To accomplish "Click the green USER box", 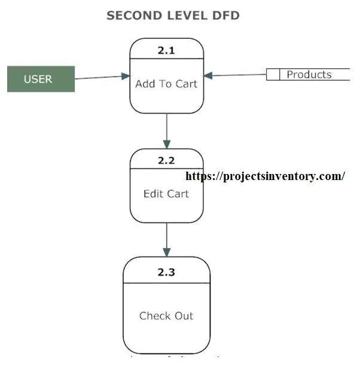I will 41,79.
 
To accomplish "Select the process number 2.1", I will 166,50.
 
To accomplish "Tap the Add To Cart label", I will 166,84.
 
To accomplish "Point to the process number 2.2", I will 166,160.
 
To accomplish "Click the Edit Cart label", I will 166,194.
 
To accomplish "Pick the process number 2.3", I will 166,272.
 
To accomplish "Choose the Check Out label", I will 166,316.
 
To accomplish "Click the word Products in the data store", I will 309,75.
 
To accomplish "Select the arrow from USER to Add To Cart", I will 102,77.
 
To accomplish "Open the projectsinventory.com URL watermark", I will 265,176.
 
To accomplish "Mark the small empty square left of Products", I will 273,75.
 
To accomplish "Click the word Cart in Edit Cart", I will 178,194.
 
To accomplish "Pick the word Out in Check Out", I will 184,316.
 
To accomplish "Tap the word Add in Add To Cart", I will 145,84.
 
